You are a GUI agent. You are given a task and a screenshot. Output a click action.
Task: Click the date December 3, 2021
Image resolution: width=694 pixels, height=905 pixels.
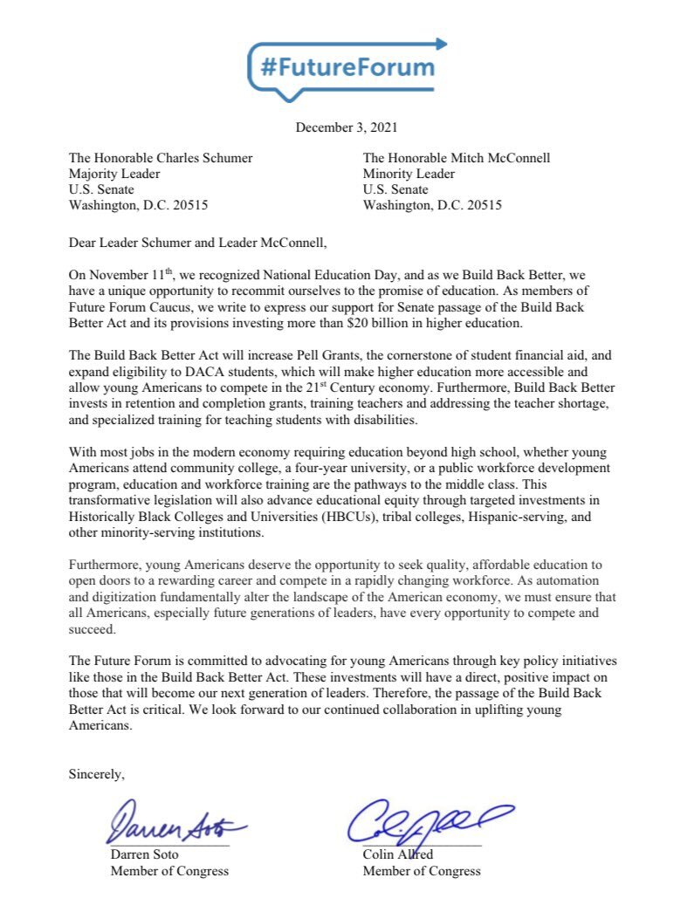347,127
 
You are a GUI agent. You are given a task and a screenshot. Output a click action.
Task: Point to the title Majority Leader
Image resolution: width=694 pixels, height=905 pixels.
114,174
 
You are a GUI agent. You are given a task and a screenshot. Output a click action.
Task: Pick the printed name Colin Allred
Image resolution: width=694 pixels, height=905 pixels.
398,854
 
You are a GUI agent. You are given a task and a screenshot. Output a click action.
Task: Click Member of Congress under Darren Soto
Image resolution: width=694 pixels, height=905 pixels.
169,871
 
